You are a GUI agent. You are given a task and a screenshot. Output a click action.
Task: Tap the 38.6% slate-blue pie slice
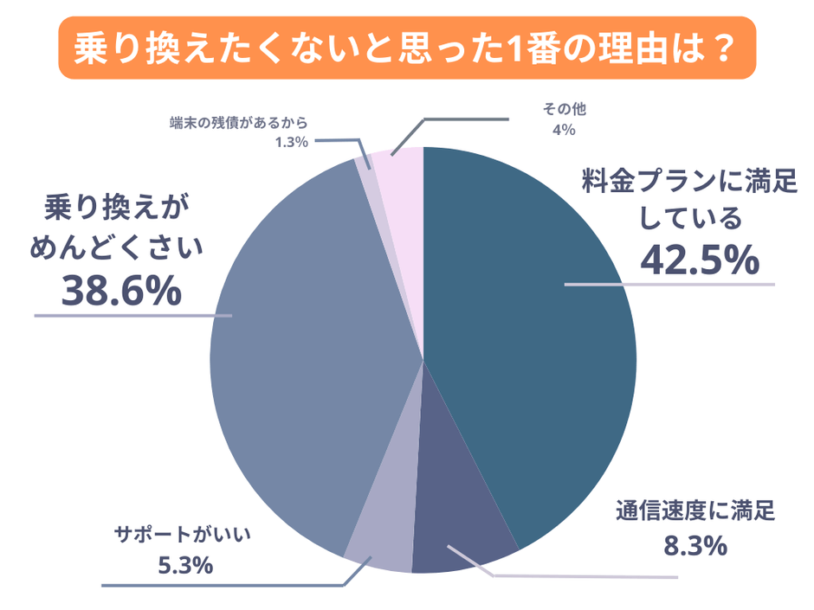click(303, 363)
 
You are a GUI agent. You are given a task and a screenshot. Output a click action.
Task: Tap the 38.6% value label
click(122, 292)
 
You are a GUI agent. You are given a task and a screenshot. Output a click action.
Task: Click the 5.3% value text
click(185, 566)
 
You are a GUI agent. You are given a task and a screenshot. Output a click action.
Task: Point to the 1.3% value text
click(292, 143)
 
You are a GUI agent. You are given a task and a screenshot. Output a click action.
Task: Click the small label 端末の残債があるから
click(239, 123)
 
